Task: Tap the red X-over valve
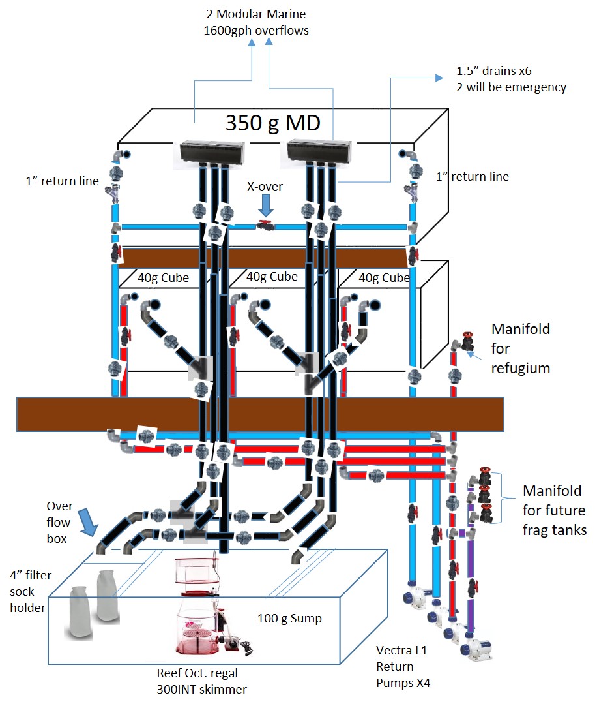(x=265, y=226)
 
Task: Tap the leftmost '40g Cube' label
(x=163, y=277)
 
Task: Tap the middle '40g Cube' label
(x=272, y=277)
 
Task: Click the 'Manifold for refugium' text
(x=520, y=348)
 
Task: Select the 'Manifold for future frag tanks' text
(x=555, y=510)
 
